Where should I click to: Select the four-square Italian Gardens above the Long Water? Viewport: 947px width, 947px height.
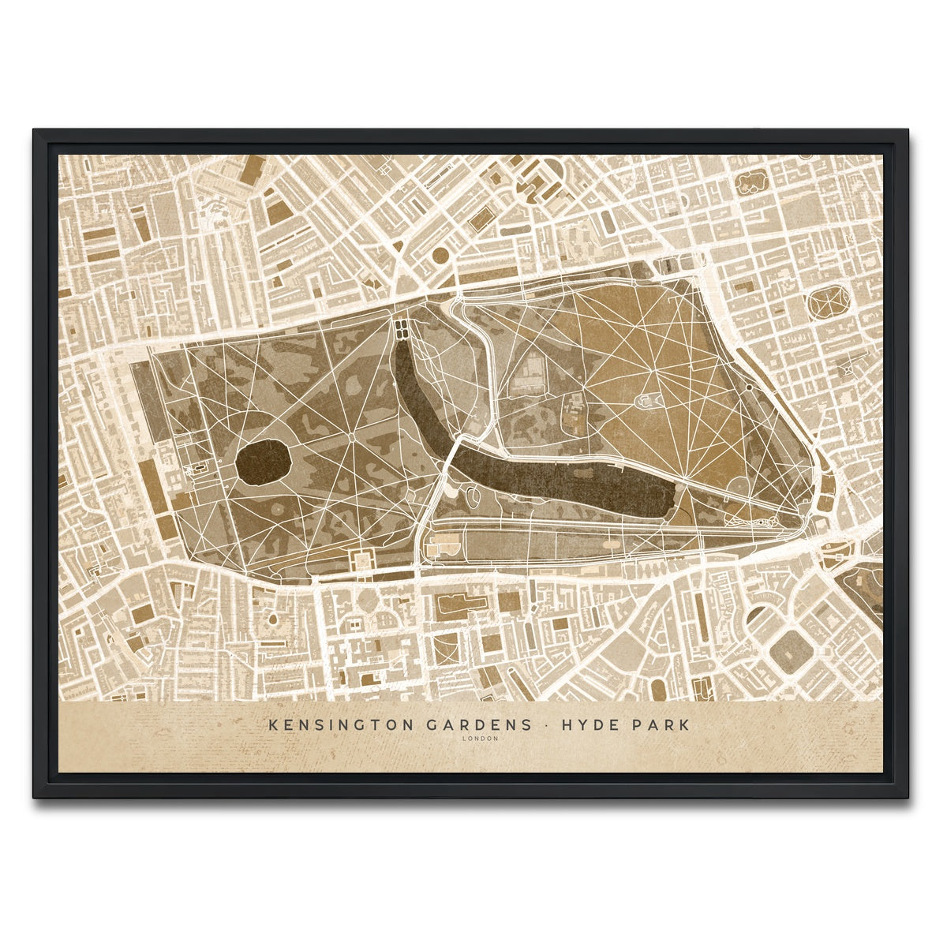401,328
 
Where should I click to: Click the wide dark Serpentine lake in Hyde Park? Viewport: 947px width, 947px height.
568,481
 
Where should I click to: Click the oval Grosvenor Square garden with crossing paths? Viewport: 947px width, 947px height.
829,303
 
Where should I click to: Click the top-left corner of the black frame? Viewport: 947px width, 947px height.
36,132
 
